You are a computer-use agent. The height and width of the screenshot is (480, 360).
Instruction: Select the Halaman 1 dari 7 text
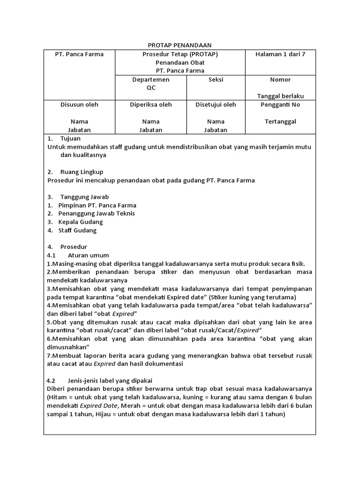(280, 54)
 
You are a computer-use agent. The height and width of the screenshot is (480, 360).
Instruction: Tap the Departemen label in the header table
(151, 79)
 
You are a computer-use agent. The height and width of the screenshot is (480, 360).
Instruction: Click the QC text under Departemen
(151, 88)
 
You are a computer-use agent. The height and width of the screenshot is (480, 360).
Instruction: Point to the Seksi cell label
(216, 79)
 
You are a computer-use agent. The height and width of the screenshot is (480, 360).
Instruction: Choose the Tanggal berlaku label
(280, 96)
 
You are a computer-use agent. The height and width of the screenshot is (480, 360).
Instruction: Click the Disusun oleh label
(79, 105)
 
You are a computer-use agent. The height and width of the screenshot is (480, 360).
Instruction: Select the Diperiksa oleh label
(151, 105)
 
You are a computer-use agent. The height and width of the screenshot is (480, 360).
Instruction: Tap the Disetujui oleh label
(216, 105)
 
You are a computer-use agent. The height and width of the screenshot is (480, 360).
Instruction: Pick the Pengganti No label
(280, 105)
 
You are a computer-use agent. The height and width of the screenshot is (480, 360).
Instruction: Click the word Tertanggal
(280, 121)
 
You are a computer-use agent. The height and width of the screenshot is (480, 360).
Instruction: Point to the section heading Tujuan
(70, 138)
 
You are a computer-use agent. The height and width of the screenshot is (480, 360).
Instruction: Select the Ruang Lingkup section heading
(82, 172)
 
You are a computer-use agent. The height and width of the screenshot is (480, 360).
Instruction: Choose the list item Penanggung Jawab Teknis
(97, 214)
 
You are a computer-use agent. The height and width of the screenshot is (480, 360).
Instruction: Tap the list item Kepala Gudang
(80, 222)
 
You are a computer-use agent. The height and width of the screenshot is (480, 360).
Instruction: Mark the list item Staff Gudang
(77, 231)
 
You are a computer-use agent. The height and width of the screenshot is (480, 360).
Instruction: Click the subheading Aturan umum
(88, 255)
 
